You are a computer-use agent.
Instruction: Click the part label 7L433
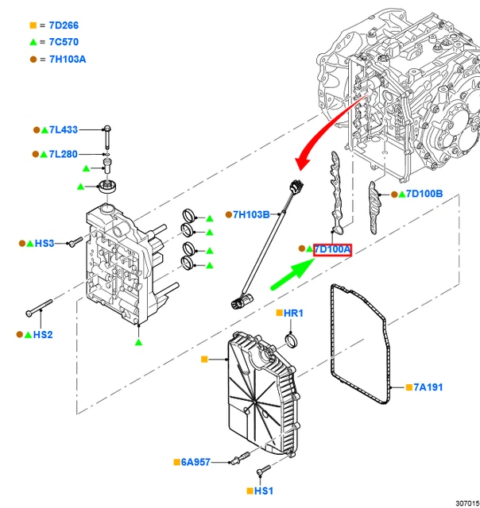pyautogui.click(x=64, y=129)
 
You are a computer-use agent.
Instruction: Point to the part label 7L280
pyautogui.click(x=64, y=154)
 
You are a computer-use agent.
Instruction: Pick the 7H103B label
pyautogui.click(x=252, y=214)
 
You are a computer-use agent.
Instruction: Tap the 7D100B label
pyautogui.click(x=424, y=194)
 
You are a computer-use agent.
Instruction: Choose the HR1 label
pyautogui.click(x=293, y=314)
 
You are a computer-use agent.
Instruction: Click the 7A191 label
pyautogui.click(x=428, y=387)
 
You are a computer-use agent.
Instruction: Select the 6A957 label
pyautogui.click(x=195, y=461)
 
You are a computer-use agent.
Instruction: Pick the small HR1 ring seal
pyautogui.click(x=292, y=342)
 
